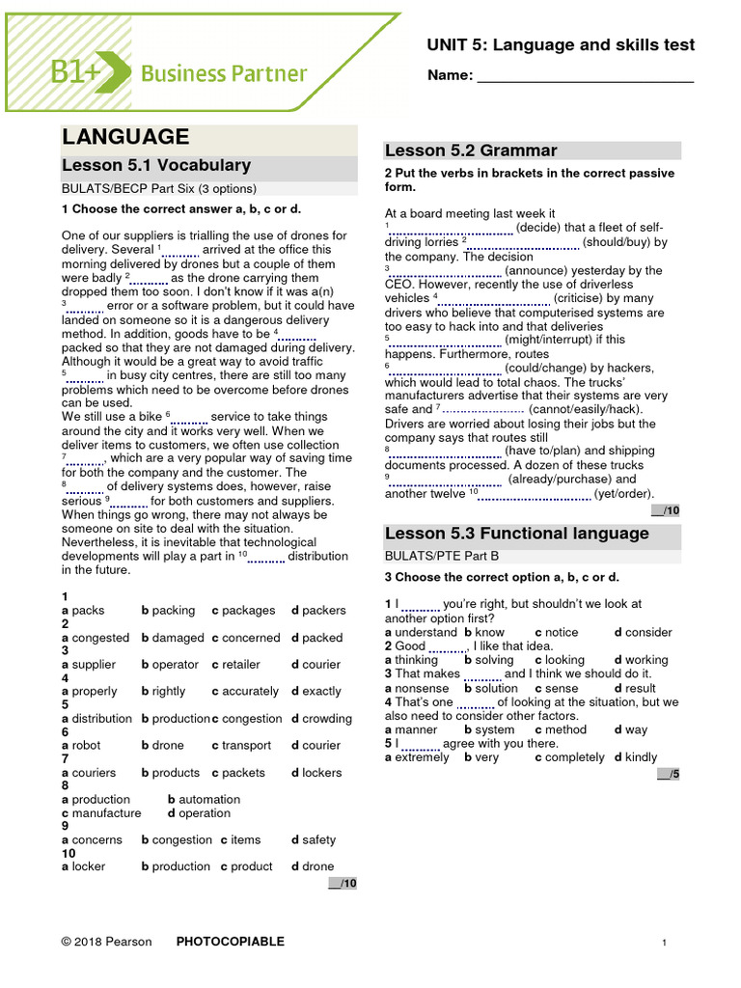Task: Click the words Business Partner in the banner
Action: point(224,73)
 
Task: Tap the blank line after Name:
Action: point(586,77)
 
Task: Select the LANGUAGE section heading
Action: point(125,137)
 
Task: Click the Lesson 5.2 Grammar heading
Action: point(471,151)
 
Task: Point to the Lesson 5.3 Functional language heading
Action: point(517,534)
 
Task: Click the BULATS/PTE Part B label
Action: point(442,557)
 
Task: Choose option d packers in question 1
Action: point(318,611)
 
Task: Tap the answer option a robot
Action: point(85,746)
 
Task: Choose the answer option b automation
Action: point(204,800)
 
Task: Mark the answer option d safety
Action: point(314,840)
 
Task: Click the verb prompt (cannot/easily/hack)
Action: point(586,409)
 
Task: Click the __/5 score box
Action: point(668,774)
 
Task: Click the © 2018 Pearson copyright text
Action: point(107,942)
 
